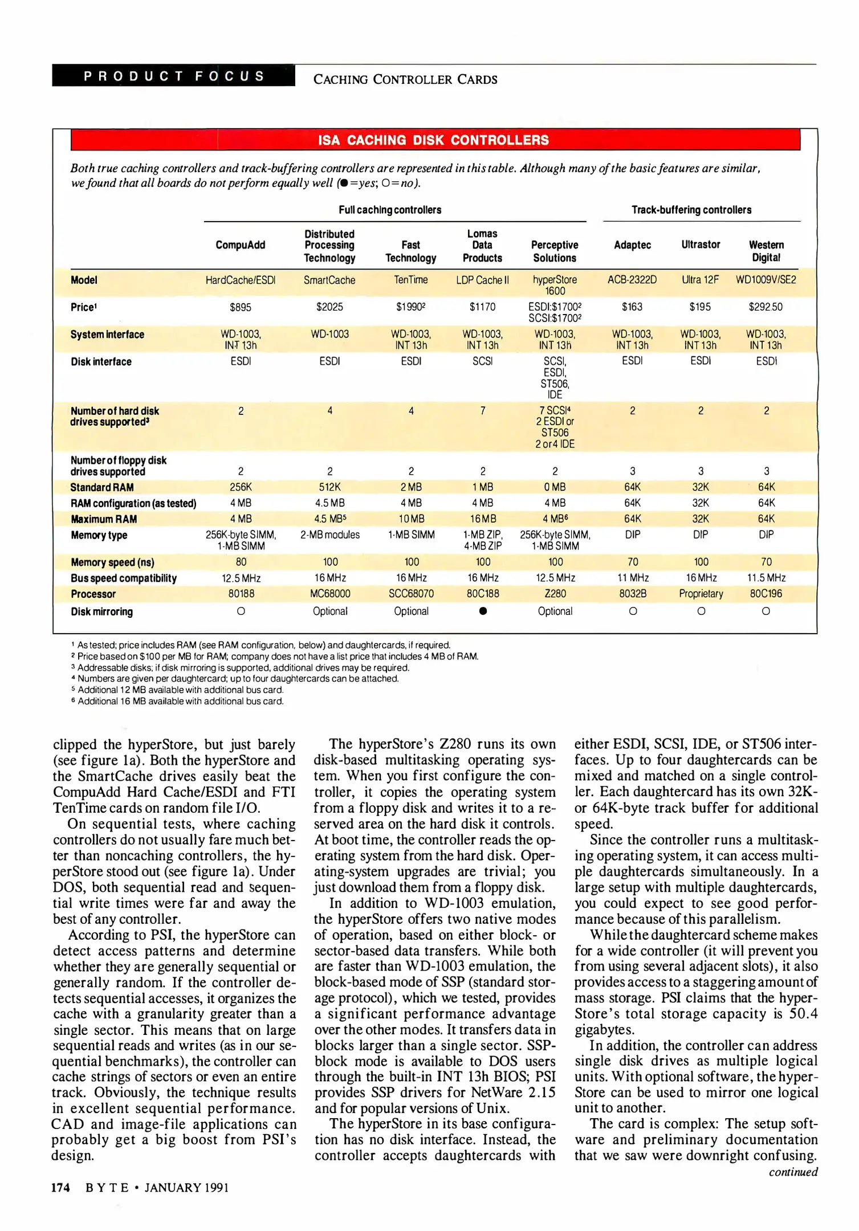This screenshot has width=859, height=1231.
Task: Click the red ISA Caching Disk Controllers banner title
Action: [x=433, y=140]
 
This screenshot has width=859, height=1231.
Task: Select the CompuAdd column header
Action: [x=240, y=245]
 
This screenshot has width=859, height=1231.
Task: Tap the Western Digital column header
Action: [x=766, y=251]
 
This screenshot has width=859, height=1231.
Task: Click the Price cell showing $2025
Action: [x=329, y=307]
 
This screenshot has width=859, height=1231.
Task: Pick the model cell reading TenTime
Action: [x=410, y=280]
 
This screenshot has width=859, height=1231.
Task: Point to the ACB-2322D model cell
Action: [x=632, y=280]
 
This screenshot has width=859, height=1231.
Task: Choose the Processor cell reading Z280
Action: [x=555, y=594]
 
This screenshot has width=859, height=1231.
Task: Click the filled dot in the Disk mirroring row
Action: [x=483, y=612]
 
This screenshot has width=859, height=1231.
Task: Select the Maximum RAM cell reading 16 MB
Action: [x=483, y=519]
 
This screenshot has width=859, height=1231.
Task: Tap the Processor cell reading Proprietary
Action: [x=701, y=594]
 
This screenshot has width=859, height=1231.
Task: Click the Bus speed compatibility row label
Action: [x=124, y=578]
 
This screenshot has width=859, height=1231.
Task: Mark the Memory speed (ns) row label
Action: [x=112, y=562]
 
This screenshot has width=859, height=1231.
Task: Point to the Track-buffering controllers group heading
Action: [x=691, y=210]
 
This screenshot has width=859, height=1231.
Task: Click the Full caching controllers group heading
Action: [x=390, y=210]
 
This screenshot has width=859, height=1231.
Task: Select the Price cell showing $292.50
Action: [x=766, y=307]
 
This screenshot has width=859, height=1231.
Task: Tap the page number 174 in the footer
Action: [x=60, y=1188]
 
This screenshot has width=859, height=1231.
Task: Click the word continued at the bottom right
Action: [x=793, y=1172]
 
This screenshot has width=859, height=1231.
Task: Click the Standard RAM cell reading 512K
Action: [x=329, y=487]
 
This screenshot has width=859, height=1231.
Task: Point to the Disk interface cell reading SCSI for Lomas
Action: [x=483, y=361]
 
